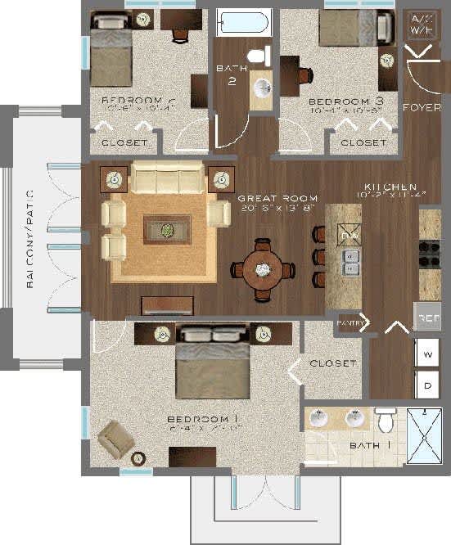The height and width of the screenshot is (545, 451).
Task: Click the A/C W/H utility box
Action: tap(422, 25)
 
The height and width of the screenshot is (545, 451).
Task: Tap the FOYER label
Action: tap(422, 107)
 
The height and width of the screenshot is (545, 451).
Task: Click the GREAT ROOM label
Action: tap(270, 199)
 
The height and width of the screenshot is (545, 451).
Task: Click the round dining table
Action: tap(264, 268)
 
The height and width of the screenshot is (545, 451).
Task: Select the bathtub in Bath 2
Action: tap(243, 22)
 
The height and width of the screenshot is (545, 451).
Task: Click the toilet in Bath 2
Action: tap(259, 56)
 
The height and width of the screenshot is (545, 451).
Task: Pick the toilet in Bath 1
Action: tap(386, 421)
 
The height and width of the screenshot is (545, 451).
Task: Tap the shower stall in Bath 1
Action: tap(424, 436)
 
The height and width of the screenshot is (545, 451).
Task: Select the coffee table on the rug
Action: tap(167, 229)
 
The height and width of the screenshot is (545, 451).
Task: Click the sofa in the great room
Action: tap(168, 177)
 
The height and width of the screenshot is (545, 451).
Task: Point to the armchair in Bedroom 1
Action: tap(115, 440)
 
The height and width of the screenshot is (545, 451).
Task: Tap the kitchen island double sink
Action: tap(350, 262)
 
